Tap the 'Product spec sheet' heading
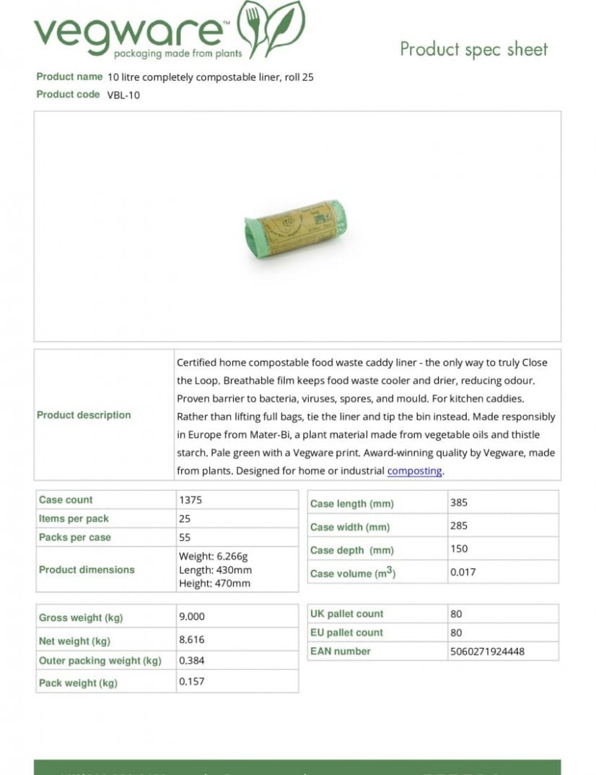[473, 50]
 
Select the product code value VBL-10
[123, 95]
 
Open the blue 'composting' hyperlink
[414, 471]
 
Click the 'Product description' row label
[84, 415]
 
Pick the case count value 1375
[190, 500]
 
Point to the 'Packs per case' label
[75, 537]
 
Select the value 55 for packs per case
[185, 537]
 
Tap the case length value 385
[459, 503]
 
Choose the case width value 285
[459, 526]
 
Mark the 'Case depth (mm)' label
[352, 550]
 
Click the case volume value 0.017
[463, 572]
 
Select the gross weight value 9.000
[192, 617]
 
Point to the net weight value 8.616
[191, 640]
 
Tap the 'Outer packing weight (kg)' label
[100, 661]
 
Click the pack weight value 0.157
[191, 682]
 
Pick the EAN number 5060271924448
[487, 651]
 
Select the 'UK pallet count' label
[347, 614]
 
